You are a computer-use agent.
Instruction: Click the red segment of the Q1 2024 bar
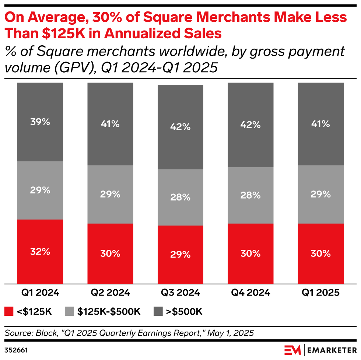pyautogui.click(x=40, y=252)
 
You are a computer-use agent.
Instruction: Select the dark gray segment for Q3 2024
pyautogui.click(x=180, y=127)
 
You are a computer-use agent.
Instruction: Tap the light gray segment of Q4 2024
pyautogui.click(x=250, y=195)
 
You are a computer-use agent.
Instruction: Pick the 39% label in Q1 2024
pyautogui.click(x=40, y=122)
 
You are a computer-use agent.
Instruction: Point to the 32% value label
pyautogui.click(x=40, y=252)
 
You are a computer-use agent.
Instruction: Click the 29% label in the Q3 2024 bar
pyautogui.click(x=180, y=255)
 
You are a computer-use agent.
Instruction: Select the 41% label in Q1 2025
pyautogui.click(x=320, y=124)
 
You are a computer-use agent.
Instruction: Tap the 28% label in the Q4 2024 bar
pyautogui.click(x=250, y=195)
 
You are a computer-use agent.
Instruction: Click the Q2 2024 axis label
pyautogui.click(x=110, y=293)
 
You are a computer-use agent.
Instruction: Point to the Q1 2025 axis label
pyautogui.click(x=320, y=293)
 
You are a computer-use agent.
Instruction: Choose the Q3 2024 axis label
pyautogui.click(x=180, y=293)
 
